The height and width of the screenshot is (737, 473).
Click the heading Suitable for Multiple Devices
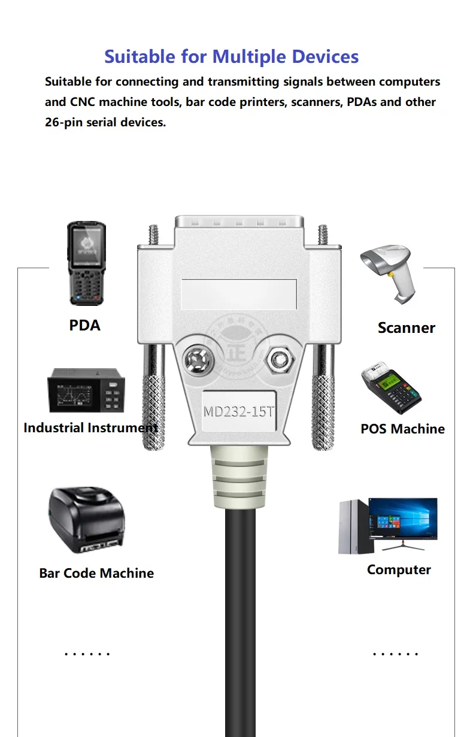tap(231, 57)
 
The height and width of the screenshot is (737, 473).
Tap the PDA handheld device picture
tap(86, 263)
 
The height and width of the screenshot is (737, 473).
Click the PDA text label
tap(85, 325)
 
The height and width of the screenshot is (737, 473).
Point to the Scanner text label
tap(406, 327)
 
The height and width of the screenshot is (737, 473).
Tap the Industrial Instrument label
tap(90, 427)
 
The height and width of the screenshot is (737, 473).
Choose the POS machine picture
tap(390, 388)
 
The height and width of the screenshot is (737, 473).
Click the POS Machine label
tap(402, 429)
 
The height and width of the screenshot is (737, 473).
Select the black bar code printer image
tap(86, 520)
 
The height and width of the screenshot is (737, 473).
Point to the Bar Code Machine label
tap(96, 573)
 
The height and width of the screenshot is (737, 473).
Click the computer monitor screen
tap(402, 519)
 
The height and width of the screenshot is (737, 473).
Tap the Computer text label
tap(399, 569)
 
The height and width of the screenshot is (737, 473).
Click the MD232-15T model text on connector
tap(239, 412)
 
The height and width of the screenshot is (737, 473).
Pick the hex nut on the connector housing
tap(277, 360)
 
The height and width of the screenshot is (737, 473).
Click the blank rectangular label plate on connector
tap(239, 293)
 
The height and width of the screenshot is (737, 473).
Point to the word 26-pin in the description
tap(66, 123)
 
